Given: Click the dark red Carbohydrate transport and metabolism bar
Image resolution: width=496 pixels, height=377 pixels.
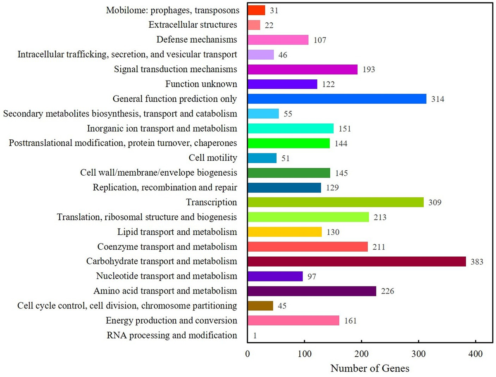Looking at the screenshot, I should (356, 262).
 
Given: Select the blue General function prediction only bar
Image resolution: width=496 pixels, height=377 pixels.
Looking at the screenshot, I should (337, 99).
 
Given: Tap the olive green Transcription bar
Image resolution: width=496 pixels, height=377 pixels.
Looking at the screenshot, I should (336, 202).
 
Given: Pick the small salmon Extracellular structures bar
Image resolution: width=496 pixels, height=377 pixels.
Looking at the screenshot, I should (254, 25).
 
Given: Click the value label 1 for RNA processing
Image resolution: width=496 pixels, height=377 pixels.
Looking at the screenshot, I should (255, 336).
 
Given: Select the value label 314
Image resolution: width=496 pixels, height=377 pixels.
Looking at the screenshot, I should (437, 99).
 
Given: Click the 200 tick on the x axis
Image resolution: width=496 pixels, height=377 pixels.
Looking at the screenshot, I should (362, 354).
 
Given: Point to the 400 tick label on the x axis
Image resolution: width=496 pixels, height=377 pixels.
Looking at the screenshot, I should (476, 354).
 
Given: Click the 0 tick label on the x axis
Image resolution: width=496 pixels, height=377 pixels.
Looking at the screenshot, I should (247, 354).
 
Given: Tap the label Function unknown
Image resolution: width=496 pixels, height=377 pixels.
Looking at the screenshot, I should (201, 84).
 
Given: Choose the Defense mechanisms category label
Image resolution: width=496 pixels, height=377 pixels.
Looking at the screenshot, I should (197, 40).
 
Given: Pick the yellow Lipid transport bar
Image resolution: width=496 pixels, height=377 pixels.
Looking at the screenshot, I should (284, 232).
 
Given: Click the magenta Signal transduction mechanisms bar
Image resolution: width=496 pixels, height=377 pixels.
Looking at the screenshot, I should (302, 69).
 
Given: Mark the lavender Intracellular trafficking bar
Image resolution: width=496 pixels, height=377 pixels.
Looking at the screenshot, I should (260, 55).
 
